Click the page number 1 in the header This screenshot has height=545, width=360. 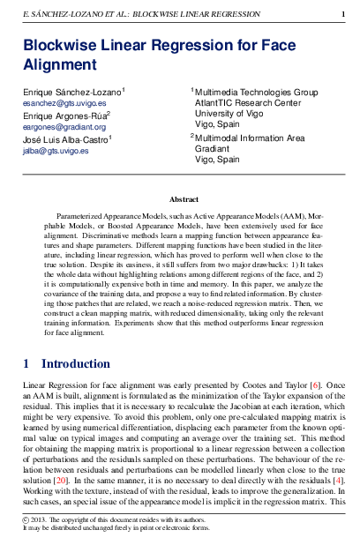click(342, 15)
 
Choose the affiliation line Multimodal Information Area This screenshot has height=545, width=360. click(250, 138)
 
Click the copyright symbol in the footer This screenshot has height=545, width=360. click(26, 521)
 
